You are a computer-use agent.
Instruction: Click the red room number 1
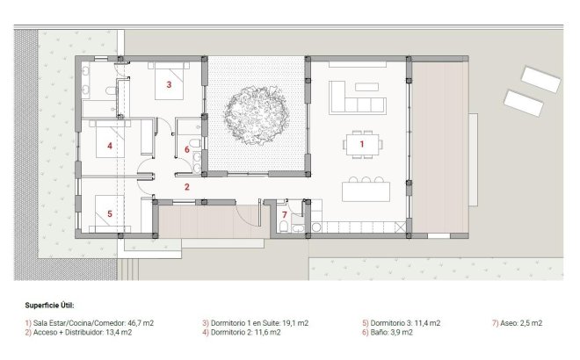pyautogui.click(x=360, y=143)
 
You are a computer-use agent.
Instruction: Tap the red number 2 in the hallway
pyautogui.click(x=186, y=186)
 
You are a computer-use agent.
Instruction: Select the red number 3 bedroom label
pyautogui.click(x=168, y=85)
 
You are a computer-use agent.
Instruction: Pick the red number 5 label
pyautogui.click(x=110, y=212)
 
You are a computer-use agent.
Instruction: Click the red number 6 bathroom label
pyautogui.click(x=186, y=149)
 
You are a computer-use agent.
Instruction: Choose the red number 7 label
pyautogui.click(x=284, y=214)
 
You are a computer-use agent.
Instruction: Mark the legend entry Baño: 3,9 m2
pyautogui.click(x=390, y=332)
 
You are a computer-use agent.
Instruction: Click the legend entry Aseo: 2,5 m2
pyautogui.click(x=518, y=323)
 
